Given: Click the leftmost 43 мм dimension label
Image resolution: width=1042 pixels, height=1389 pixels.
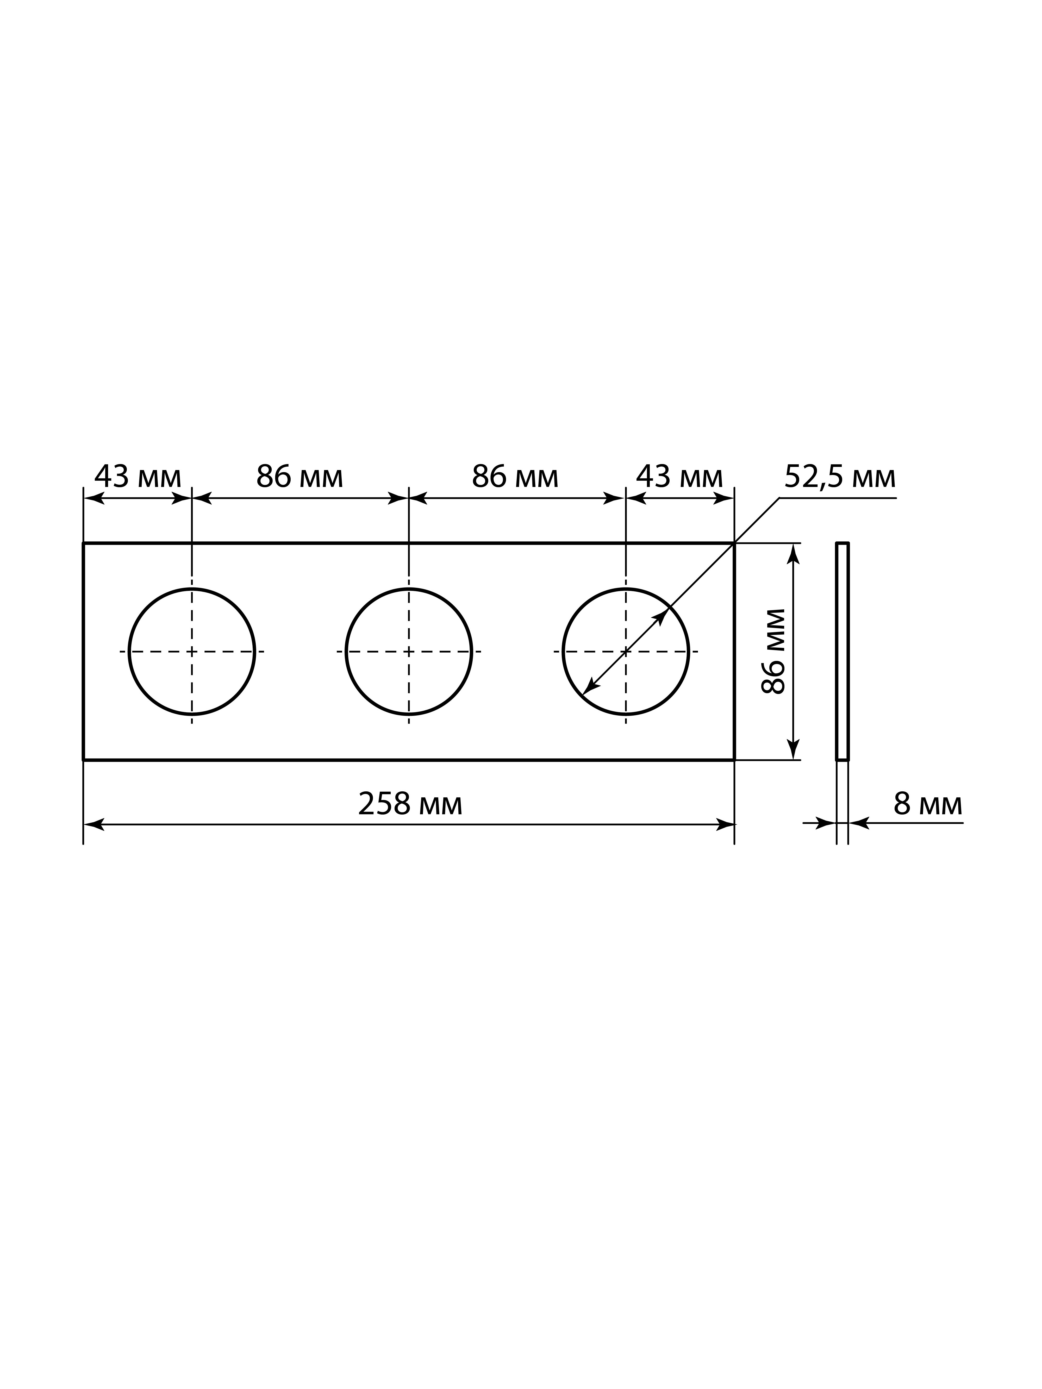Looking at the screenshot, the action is point(138,478).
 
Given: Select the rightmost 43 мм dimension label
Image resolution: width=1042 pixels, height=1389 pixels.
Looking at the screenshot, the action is point(679,478).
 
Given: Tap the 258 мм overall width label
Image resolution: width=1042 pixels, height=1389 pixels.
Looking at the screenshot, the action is point(410,804).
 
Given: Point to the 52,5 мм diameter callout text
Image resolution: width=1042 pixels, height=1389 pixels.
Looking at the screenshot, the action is point(840,478).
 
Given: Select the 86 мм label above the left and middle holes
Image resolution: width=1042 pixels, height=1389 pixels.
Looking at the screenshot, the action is point(300,478).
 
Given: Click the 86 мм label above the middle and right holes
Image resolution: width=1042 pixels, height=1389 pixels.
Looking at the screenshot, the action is point(515,478).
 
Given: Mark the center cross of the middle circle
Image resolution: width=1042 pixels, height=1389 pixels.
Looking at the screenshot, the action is point(409,651).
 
